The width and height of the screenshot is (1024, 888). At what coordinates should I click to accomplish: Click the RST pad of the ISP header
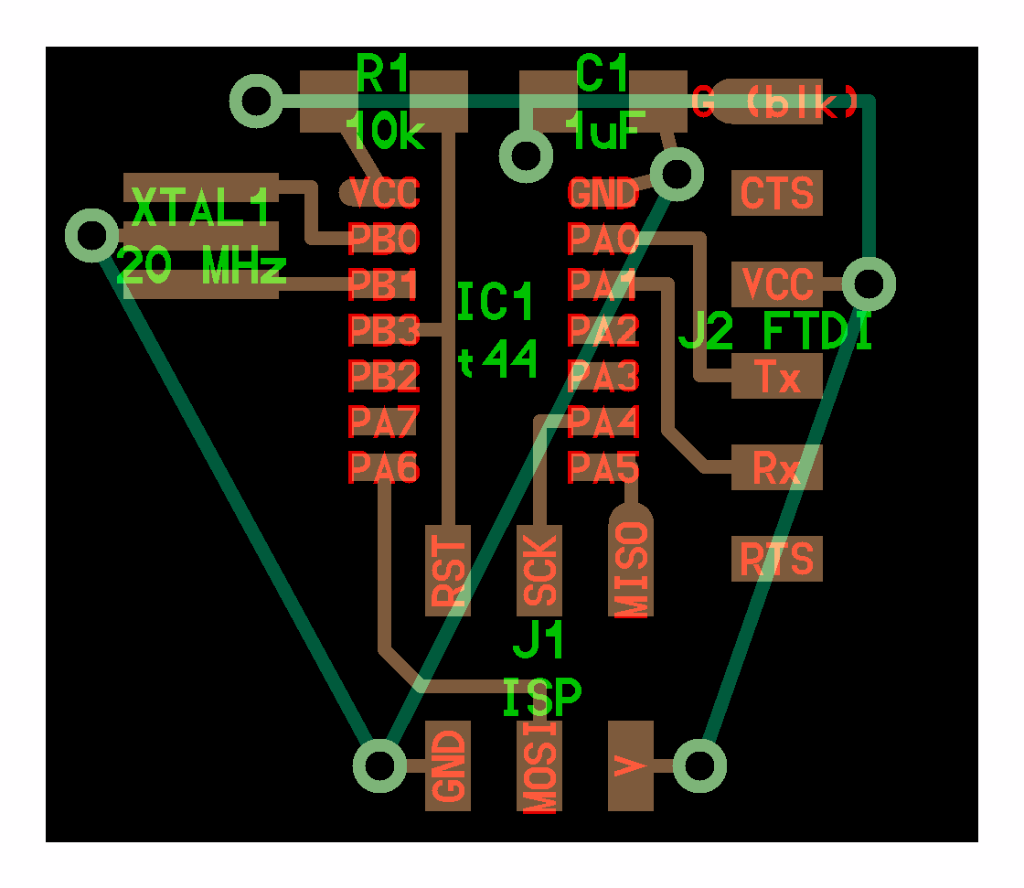click(448, 571)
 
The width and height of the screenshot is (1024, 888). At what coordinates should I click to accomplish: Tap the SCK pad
click(539, 571)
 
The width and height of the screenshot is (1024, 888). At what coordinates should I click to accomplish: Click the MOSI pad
click(539, 766)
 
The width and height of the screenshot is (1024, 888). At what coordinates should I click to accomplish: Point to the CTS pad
click(777, 193)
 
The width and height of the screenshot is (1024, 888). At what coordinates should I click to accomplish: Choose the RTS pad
click(777, 559)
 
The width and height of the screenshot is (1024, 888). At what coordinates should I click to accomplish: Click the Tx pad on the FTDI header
click(777, 377)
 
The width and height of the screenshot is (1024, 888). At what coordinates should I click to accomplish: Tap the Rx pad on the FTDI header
click(777, 468)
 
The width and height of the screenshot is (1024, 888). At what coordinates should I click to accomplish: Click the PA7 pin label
click(384, 422)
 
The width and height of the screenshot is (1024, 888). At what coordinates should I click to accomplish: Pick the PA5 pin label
click(603, 467)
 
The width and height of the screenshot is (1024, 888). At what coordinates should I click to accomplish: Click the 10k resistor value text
click(385, 134)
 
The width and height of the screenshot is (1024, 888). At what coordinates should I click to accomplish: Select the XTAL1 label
click(201, 209)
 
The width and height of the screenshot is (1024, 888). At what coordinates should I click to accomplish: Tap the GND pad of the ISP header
click(448, 766)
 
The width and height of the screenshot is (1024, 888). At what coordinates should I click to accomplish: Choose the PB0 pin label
click(384, 239)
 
